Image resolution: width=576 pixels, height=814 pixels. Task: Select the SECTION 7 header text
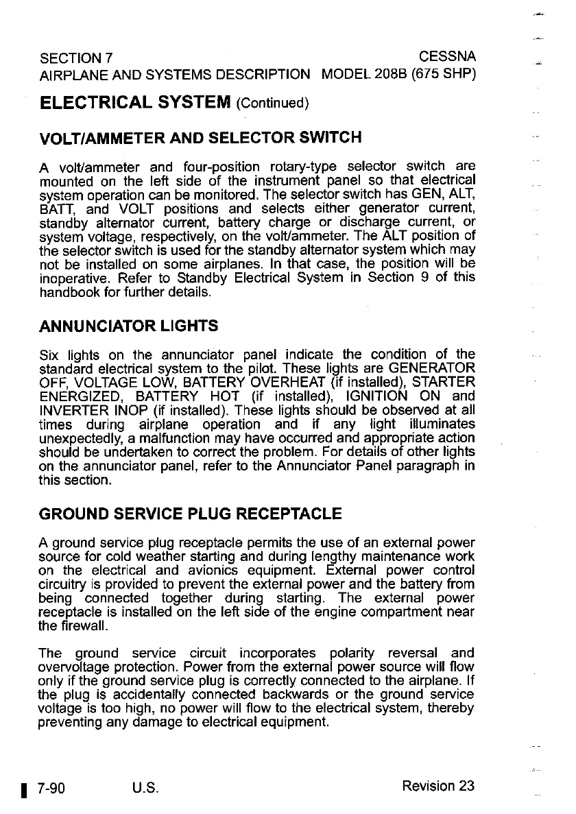coord(77,56)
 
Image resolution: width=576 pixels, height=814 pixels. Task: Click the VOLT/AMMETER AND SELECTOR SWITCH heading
coord(201,137)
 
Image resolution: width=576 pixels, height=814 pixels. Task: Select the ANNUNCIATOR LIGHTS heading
coord(129,325)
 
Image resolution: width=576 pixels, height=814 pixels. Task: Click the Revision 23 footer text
coord(438,786)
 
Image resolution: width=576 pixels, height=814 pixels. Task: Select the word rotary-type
coord(303,167)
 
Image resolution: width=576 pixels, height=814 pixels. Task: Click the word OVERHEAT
coord(293,381)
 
